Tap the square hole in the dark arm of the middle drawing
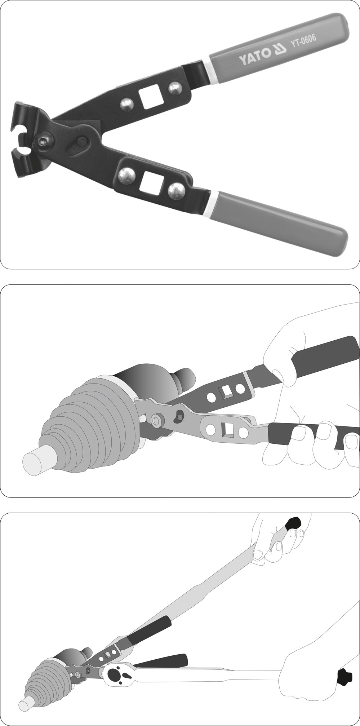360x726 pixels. click(226, 390)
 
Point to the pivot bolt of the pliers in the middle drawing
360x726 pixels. click(157, 420)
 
